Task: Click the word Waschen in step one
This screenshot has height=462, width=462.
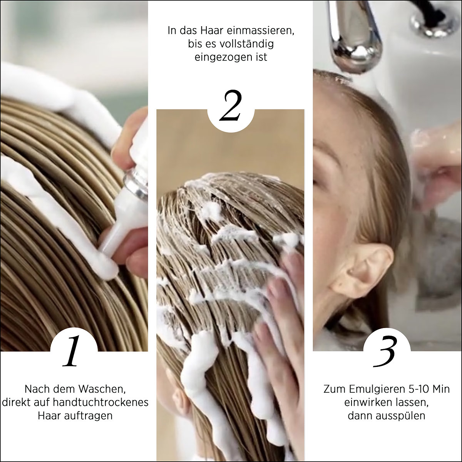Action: point(104,389)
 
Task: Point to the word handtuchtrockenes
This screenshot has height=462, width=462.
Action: point(100,402)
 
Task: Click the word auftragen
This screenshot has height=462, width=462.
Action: point(89,416)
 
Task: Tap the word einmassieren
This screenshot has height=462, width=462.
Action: point(260,31)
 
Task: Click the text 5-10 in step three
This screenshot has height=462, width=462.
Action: point(417,389)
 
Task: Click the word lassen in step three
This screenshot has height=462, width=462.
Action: point(412,403)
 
